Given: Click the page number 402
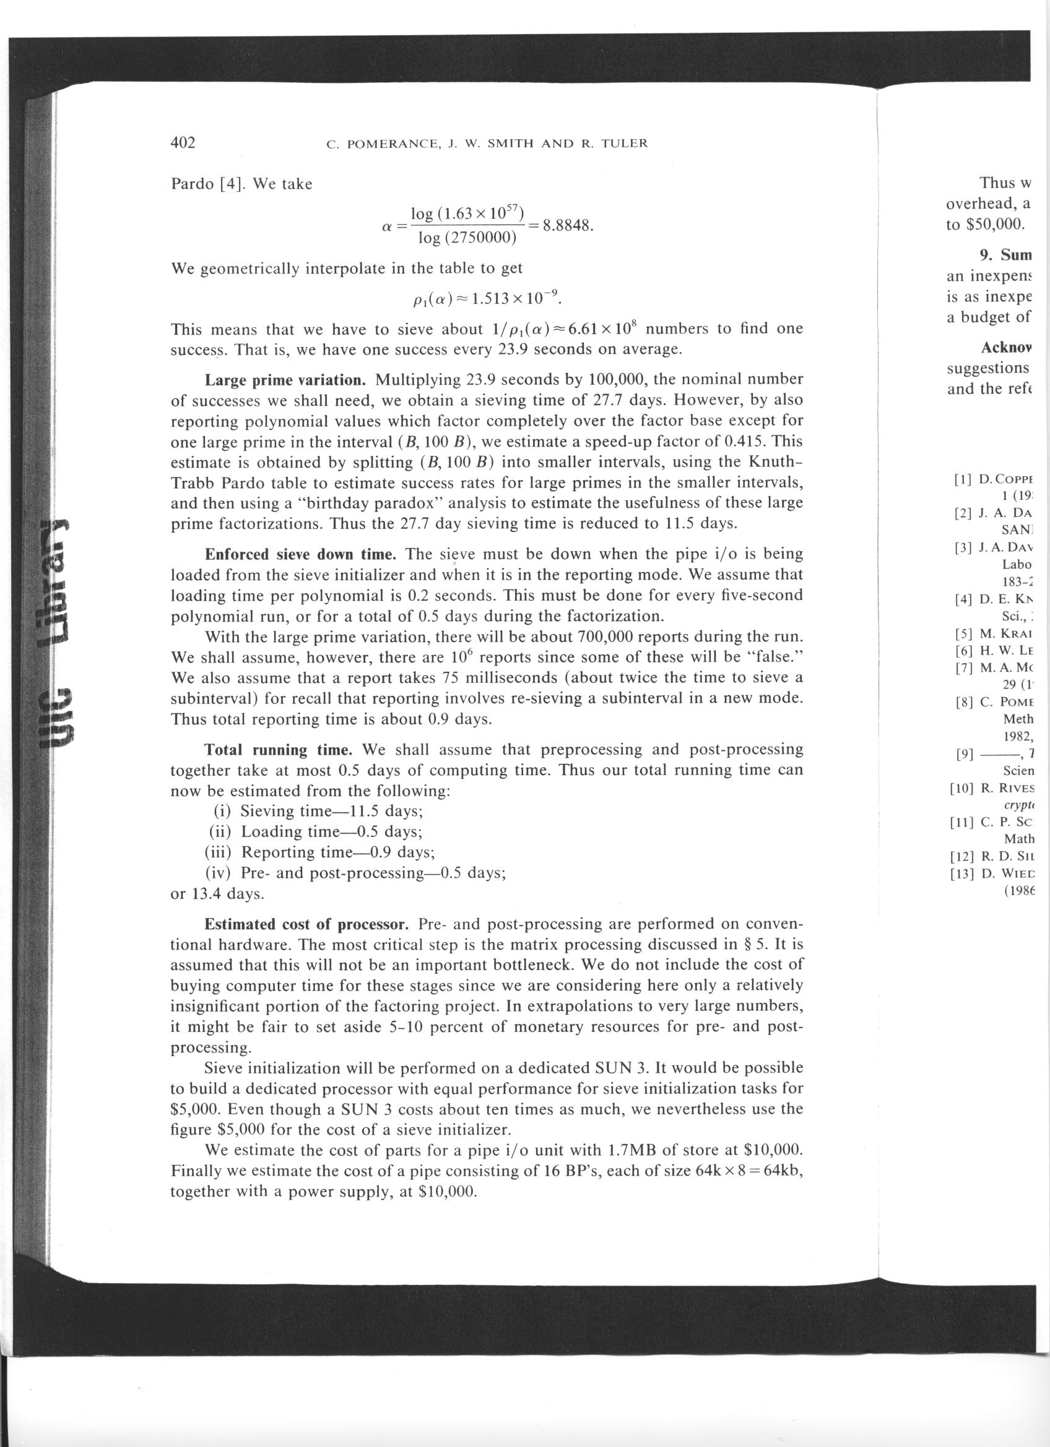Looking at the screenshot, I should click(x=183, y=142).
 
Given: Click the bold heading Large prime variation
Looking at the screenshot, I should click(x=285, y=380).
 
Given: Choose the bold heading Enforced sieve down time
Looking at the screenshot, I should click(x=302, y=554).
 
